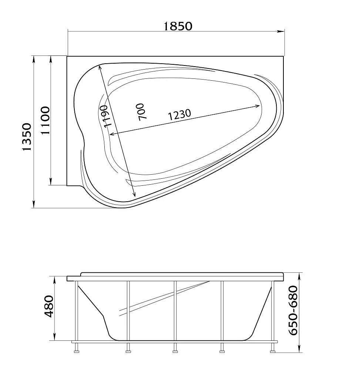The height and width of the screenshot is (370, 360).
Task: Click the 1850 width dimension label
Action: [x=178, y=26]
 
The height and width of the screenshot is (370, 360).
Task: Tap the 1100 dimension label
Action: [x=45, y=120]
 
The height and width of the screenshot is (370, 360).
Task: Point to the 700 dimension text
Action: [x=141, y=112]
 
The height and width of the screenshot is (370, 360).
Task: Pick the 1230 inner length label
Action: [x=179, y=114]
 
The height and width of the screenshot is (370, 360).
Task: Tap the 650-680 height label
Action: [x=293, y=310]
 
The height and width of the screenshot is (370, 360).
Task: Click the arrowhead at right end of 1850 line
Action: [x=280, y=31]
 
